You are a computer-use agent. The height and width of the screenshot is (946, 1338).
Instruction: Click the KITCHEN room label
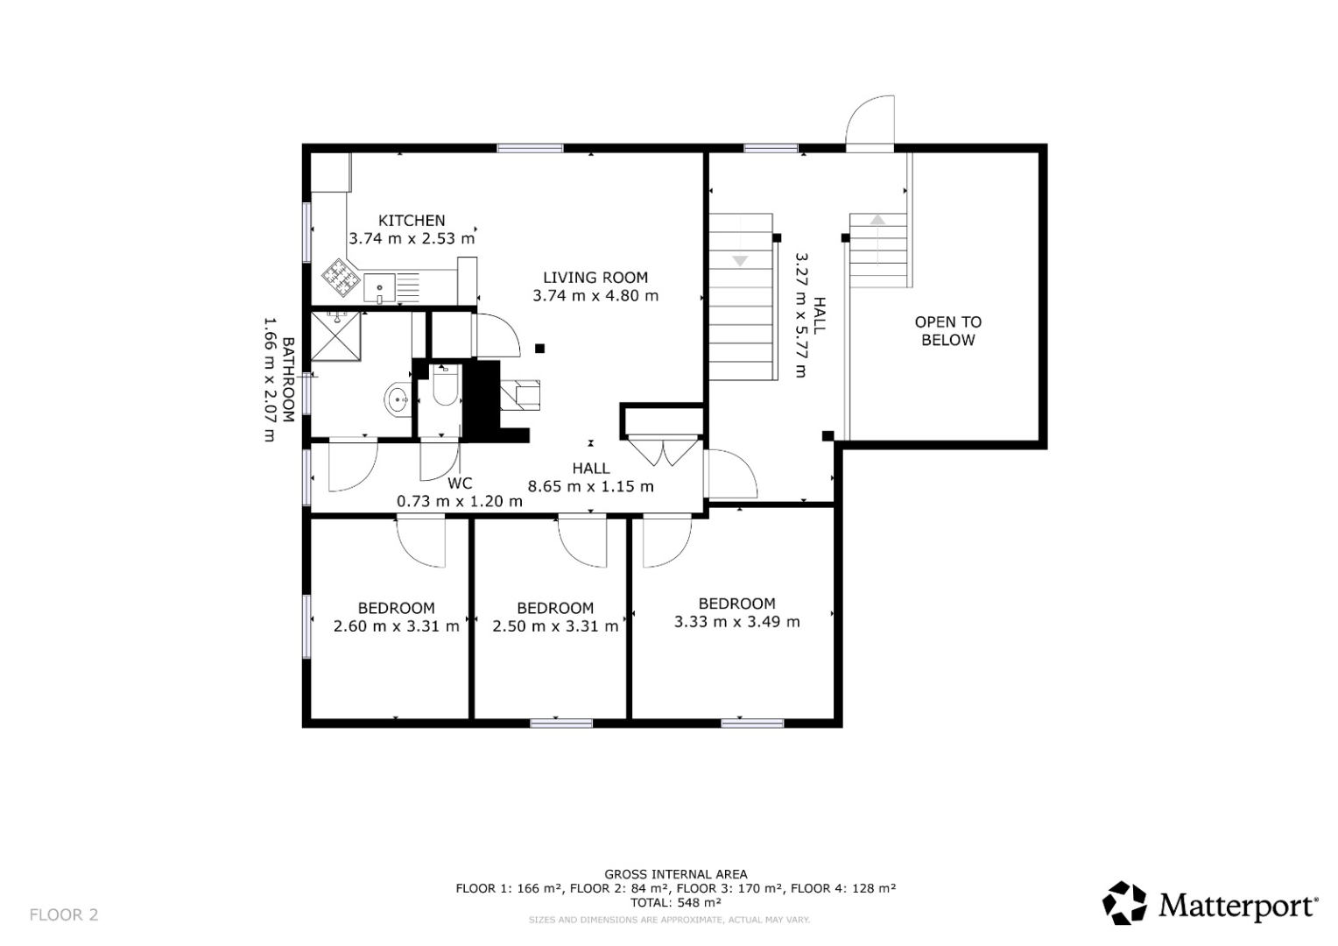tap(412, 221)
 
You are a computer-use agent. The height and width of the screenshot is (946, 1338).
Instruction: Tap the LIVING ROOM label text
tap(595, 278)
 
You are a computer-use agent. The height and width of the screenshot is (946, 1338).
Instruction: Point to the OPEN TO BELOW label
tap(948, 331)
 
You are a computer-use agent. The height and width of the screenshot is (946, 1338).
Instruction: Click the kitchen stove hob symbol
tap(342, 278)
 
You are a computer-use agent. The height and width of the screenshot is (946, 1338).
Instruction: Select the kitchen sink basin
tap(379, 288)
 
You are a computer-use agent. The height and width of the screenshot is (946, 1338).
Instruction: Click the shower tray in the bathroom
tap(335, 335)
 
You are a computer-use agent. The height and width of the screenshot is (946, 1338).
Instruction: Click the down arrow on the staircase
tap(740, 261)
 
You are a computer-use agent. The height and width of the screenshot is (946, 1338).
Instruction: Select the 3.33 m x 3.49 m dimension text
tap(737, 622)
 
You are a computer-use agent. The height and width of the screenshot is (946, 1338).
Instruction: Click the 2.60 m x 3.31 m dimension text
tap(396, 626)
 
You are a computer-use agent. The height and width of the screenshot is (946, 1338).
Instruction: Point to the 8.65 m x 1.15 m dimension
tap(591, 486)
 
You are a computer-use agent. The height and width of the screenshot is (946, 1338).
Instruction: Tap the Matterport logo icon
tap(1124, 903)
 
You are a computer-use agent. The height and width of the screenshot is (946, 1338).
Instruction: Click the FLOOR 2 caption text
tap(64, 915)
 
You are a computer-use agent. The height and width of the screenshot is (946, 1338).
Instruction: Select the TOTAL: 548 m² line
tap(676, 902)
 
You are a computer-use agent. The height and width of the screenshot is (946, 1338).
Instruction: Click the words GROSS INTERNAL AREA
tap(676, 875)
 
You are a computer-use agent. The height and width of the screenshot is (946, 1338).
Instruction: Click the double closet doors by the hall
tap(663, 452)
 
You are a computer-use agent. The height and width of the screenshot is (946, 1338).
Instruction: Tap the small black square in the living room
tap(540, 349)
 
